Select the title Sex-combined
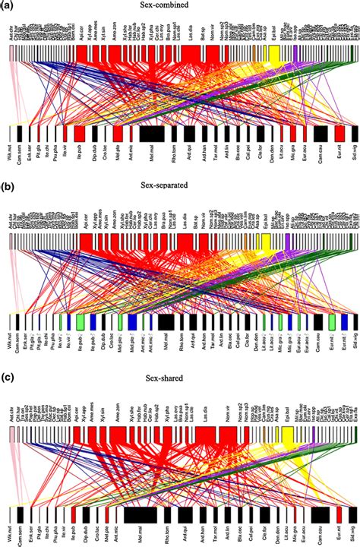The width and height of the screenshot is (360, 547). tap(179, 7)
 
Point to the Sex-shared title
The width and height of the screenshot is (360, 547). tap(179, 374)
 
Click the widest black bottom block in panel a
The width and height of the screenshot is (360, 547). tap(153, 133)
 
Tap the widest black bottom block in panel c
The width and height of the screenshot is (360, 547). tap(140, 514)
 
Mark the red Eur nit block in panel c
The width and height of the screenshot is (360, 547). tap(339, 514)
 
